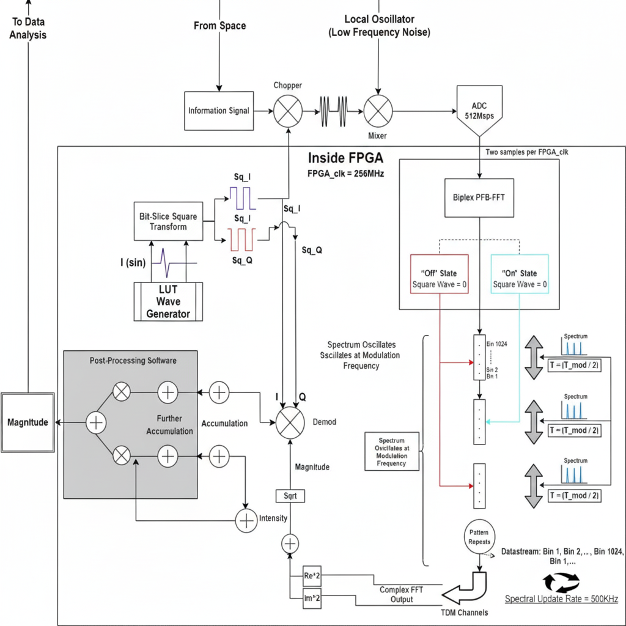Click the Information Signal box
point(219,111)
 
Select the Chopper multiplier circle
point(287,111)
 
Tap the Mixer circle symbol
point(378,111)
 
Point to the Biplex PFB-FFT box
point(479,198)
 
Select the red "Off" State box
point(440,274)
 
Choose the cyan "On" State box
point(520,274)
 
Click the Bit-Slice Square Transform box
point(168,221)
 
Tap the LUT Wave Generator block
point(168,301)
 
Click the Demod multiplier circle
point(290,422)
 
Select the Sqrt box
point(290,496)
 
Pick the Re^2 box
point(312,576)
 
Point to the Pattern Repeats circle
point(479,536)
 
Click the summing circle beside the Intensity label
point(245,520)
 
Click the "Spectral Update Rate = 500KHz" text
point(561,598)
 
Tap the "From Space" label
point(219,26)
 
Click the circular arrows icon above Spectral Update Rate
point(561,581)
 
